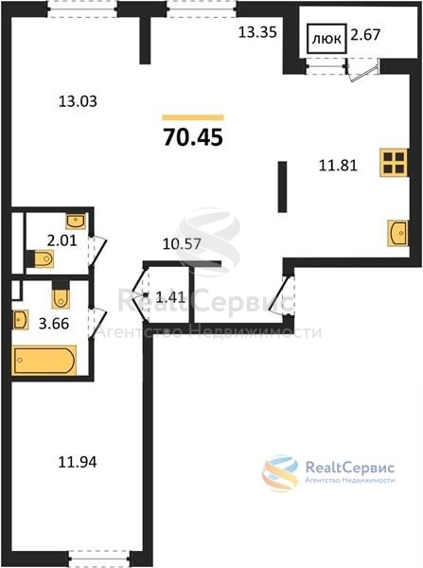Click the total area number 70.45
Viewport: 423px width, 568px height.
193,137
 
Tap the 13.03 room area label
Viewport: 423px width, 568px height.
78,101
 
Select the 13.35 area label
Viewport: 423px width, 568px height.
257,32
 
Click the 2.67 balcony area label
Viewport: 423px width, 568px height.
365,35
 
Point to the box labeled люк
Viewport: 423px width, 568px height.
326,39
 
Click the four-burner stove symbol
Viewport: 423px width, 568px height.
394,163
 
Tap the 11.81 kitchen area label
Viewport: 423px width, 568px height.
338,166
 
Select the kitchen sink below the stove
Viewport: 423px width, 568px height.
397,233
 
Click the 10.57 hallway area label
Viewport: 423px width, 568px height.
182,244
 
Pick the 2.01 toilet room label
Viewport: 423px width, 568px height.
62,240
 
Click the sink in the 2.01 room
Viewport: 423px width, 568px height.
76,221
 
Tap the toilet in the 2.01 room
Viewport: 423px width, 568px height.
41,258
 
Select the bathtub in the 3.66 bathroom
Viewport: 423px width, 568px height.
44,360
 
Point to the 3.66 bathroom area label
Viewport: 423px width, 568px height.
54,324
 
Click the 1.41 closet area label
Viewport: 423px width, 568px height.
170,298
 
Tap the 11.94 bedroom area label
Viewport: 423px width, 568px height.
78,462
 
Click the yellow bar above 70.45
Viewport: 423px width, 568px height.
193,117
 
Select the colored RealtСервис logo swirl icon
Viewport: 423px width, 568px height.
280,472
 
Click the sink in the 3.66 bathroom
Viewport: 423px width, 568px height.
20,320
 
